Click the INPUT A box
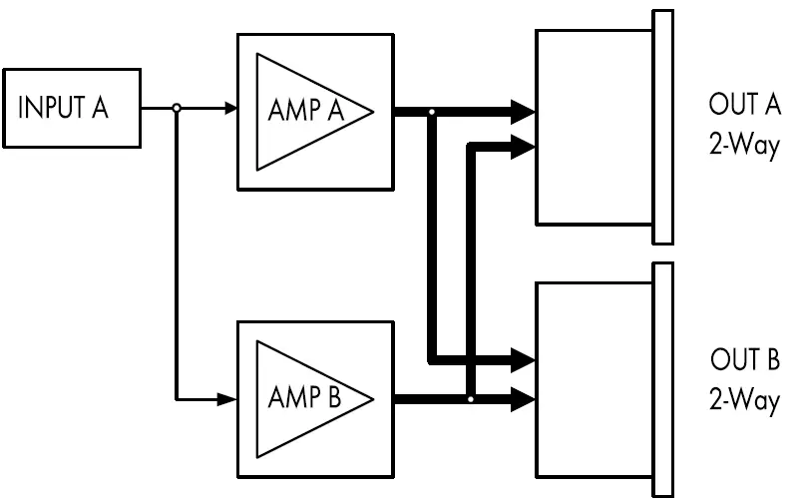(x=72, y=110)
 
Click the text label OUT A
(x=744, y=105)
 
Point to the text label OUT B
(x=744, y=359)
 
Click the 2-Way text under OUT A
(x=744, y=147)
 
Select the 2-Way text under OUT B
(x=744, y=401)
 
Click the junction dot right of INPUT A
(x=177, y=110)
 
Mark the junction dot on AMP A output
(x=431, y=112)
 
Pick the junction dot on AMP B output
(x=471, y=400)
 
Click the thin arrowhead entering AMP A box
(x=229, y=110)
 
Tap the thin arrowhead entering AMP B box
(x=229, y=400)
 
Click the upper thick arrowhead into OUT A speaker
(x=524, y=111)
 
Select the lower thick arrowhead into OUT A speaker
(x=524, y=146)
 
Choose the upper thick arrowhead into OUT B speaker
(x=524, y=357)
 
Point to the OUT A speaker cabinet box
(x=595, y=127)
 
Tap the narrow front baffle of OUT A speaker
(x=662, y=127)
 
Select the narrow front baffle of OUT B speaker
(x=662, y=379)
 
